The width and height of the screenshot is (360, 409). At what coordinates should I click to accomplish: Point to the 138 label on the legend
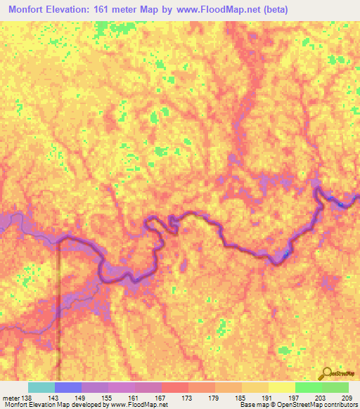(27, 399)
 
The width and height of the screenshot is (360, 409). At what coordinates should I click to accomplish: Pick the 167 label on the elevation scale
(160, 399)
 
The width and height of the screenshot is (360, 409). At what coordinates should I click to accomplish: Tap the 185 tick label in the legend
(240, 399)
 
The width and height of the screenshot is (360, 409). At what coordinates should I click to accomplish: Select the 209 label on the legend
(347, 399)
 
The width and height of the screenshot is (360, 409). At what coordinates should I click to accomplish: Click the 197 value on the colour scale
(294, 399)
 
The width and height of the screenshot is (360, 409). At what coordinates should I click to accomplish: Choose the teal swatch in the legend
(41, 387)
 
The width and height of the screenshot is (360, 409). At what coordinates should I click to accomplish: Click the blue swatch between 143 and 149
(67, 387)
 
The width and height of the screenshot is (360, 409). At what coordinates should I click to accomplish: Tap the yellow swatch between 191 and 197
(281, 387)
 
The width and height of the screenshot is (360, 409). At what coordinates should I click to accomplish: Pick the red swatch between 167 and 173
(174, 387)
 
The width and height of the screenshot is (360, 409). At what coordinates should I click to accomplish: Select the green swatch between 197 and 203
(308, 387)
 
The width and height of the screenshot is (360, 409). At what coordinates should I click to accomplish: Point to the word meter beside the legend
(11, 399)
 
